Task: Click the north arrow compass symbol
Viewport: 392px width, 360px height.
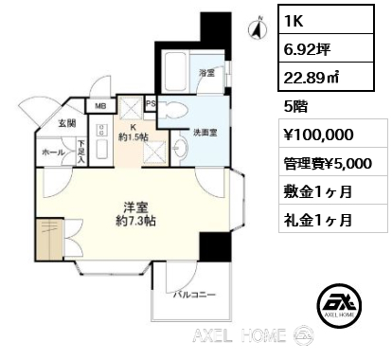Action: [258, 28]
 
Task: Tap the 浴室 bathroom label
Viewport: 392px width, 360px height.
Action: [207, 73]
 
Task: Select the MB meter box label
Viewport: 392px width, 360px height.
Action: [100, 106]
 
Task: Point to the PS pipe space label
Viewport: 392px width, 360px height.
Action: [151, 103]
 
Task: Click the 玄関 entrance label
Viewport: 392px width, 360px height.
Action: [67, 123]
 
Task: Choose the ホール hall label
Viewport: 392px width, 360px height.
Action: [53, 153]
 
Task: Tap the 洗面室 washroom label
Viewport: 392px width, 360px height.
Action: [205, 133]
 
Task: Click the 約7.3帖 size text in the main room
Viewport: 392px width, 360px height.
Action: [135, 222]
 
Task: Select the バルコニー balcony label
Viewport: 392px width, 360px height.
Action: [194, 295]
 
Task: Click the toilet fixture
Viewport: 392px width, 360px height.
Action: [172, 109]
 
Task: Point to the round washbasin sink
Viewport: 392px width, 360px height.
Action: [180, 147]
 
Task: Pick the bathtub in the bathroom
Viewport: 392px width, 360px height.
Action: [175, 71]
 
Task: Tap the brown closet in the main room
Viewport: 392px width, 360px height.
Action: [49, 239]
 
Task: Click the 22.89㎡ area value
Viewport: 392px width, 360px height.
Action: [312, 77]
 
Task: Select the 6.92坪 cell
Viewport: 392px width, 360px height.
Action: [326, 48]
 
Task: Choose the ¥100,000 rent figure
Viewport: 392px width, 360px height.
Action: [318, 135]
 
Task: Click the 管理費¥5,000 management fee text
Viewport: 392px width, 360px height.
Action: [328, 163]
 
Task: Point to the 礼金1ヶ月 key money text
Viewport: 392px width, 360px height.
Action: [318, 220]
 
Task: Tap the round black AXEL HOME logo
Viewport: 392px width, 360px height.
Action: [339, 305]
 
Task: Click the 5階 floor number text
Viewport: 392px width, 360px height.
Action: [295, 106]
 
